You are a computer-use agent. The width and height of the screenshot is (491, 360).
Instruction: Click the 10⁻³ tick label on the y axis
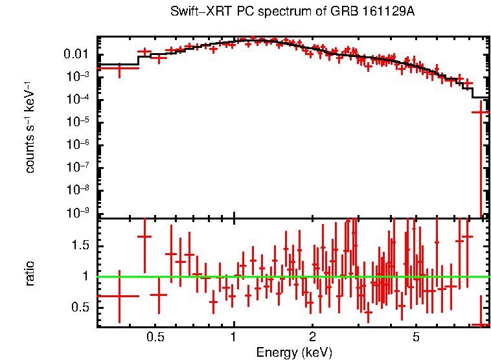[x=79, y=76]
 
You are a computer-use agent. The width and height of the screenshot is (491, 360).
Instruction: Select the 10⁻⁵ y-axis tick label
[x=79, y=122]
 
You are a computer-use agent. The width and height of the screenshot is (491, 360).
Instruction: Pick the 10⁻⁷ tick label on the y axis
[x=79, y=167]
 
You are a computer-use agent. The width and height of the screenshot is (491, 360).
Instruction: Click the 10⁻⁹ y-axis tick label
[x=79, y=212]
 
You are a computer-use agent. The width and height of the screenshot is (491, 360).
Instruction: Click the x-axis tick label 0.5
[x=155, y=337]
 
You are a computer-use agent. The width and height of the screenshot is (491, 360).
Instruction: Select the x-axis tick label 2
[x=312, y=337]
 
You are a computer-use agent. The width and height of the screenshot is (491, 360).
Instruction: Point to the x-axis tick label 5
[x=416, y=337]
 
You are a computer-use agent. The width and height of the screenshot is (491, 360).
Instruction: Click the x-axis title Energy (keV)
[x=293, y=352]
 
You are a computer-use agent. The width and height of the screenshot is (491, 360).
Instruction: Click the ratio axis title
[x=30, y=273]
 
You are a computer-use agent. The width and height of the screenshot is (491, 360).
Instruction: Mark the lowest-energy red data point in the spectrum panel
[x=119, y=67]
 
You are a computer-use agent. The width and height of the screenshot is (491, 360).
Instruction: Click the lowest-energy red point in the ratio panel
[x=119, y=296]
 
